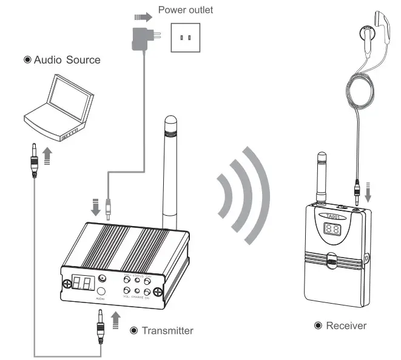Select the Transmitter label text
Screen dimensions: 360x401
[x=167, y=330]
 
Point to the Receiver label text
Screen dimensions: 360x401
[x=346, y=326]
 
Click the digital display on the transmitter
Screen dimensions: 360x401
[x=82, y=282]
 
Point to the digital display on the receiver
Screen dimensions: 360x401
[x=332, y=229]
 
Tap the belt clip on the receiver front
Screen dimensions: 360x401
[x=331, y=261]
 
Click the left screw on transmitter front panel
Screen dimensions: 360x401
[x=65, y=284]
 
